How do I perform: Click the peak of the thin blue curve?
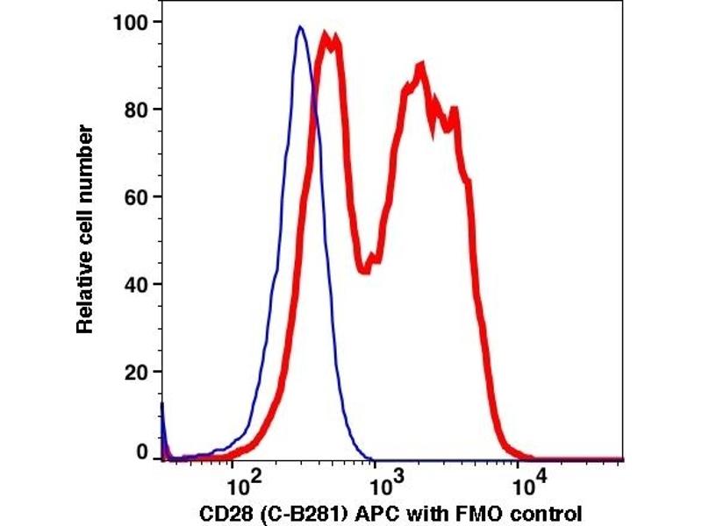(300, 27)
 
